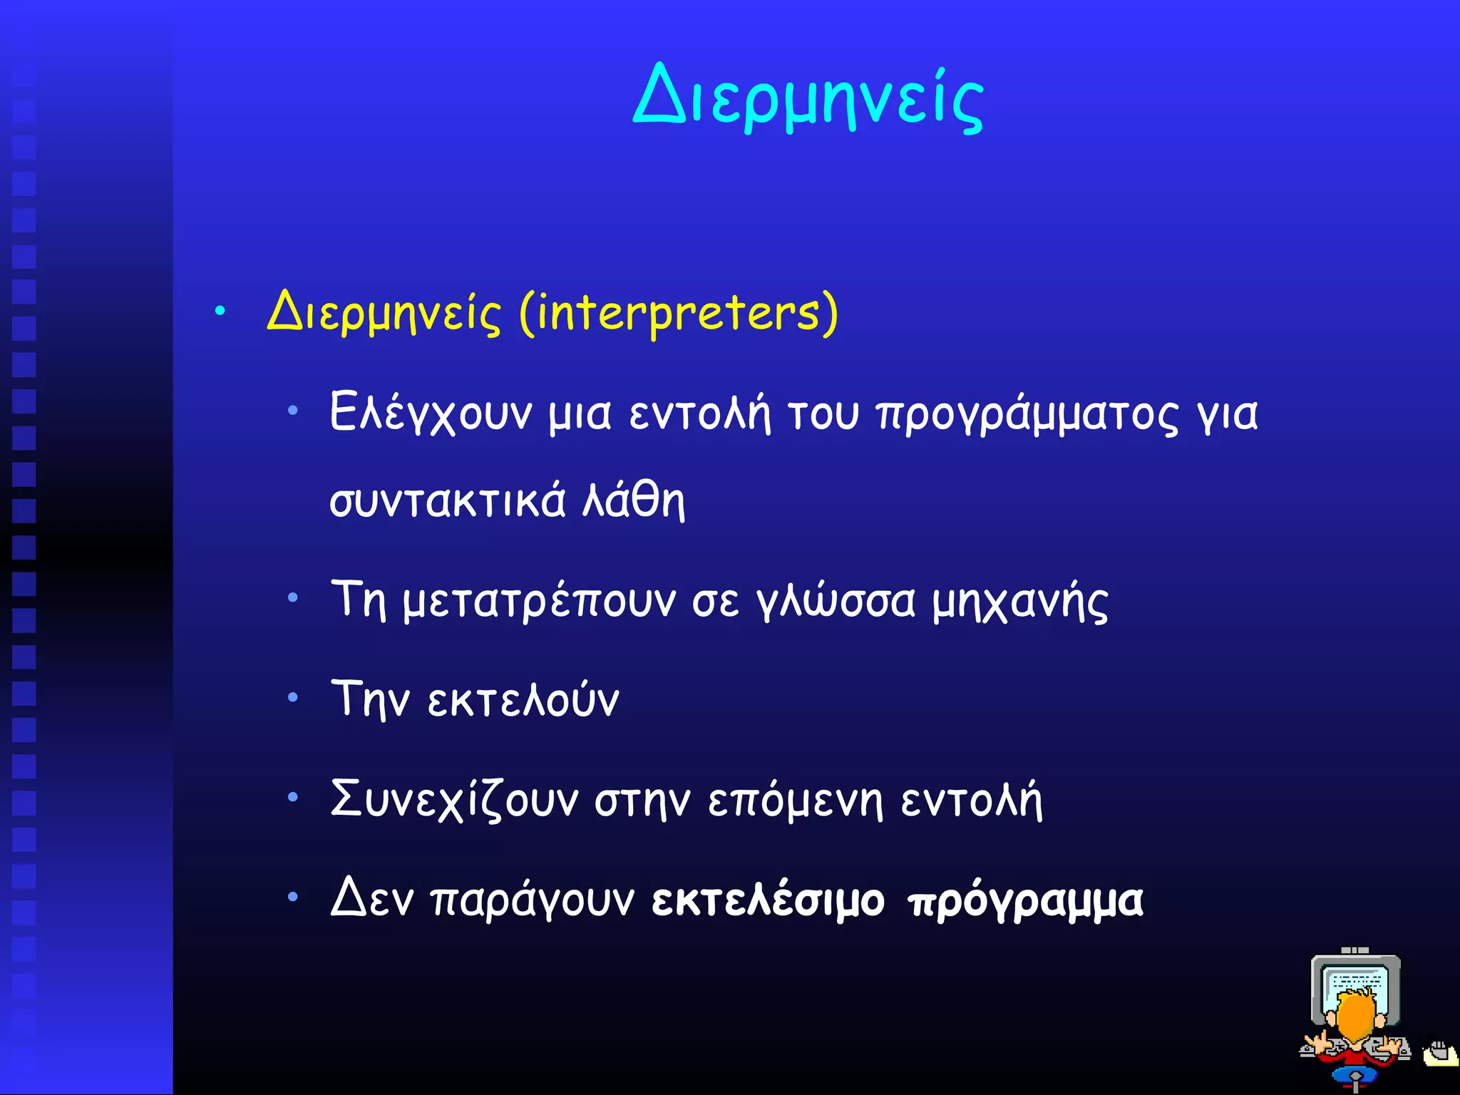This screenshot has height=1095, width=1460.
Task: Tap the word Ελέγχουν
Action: (x=431, y=413)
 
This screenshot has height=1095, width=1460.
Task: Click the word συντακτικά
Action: (x=447, y=501)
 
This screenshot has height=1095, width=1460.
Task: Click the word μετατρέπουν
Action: (x=539, y=601)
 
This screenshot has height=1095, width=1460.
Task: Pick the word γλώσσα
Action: (x=836, y=601)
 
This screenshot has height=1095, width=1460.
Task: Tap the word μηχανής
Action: (x=1019, y=601)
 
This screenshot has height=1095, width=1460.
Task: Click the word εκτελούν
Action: (x=523, y=700)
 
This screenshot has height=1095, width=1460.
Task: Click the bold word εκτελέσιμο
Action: (x=768, y=900)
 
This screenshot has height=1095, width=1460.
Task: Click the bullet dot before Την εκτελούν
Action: (x=293, y=697)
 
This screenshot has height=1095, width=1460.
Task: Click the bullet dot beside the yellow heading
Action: (x=220, y=311)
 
